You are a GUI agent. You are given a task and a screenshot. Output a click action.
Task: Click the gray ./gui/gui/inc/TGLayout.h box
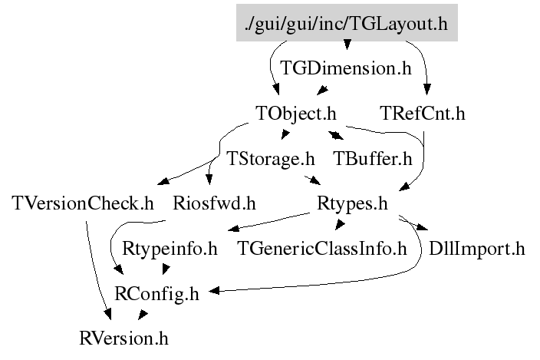point(346,24)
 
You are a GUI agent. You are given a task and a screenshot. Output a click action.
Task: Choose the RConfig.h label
point(156,293)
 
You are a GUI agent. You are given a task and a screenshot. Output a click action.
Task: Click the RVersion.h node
point(123,338)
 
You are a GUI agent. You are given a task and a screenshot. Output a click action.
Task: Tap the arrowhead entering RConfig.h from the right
point(213,292)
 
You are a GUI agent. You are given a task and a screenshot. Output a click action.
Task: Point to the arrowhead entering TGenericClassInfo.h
point(337,225)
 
